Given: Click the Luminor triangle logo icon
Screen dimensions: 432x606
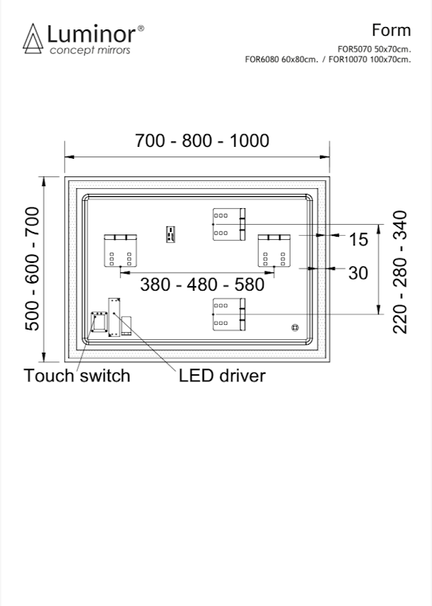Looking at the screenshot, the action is pos(33,39).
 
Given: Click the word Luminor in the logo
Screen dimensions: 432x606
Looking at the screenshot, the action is pos(91,34).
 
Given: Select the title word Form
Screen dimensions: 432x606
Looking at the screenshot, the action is pos(391,30).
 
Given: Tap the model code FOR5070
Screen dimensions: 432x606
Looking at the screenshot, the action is pos(355,49).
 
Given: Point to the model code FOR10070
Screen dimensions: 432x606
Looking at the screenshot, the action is pos(348,60).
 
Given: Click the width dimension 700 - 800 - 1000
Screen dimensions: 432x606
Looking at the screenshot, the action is pos(202,141).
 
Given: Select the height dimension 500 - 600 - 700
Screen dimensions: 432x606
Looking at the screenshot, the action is pos(33,269).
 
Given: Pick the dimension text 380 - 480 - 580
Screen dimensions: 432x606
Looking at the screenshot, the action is pos(202,285).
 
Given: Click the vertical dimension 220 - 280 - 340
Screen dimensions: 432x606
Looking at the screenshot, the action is pos(400,272).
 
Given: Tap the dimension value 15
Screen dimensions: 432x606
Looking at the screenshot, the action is pos(359,240).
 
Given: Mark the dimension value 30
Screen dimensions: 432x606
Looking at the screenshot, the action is pos(358,273).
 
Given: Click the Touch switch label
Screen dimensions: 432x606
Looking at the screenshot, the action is pos(77,376).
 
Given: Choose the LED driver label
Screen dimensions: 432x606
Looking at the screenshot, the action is pos(222,376).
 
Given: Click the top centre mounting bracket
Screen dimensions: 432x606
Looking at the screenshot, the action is pos(229,224).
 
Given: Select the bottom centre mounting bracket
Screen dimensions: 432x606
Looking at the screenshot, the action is pos(229,315).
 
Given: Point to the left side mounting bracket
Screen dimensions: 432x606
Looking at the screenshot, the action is pos(120,250).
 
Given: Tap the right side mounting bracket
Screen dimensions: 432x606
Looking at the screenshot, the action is pos(274,250).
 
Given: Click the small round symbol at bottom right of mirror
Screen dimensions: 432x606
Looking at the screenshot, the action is pos(295,328).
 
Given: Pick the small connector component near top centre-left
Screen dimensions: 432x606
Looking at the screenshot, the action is pos(171,234).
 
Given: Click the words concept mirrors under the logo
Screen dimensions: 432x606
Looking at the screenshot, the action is pos(90,51).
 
